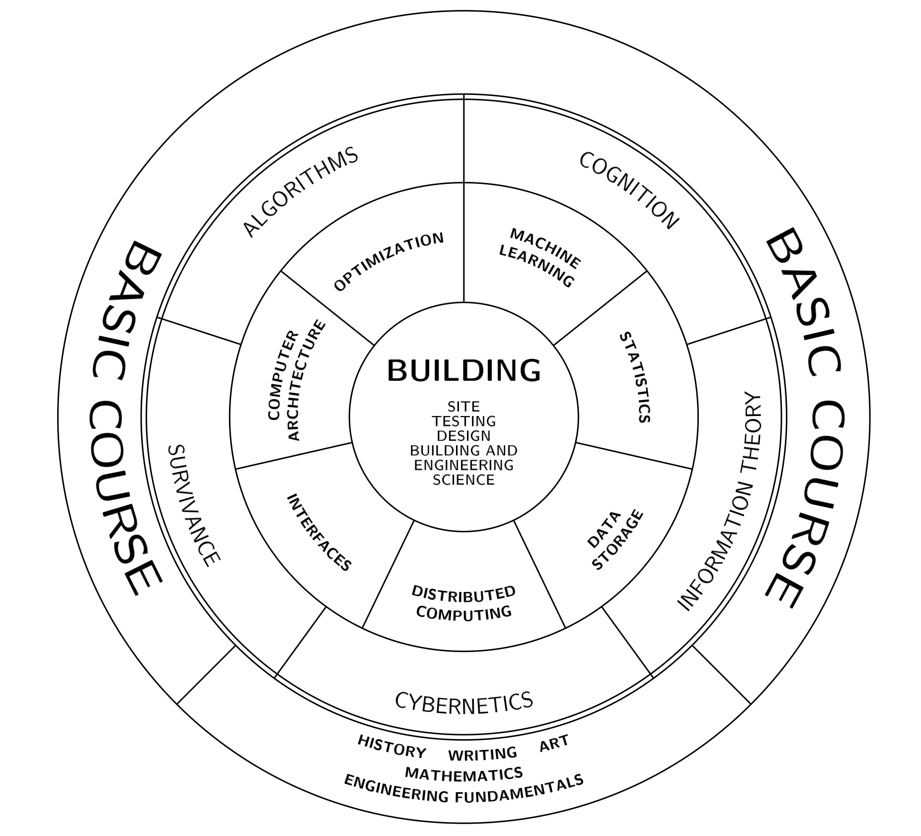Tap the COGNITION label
[x=628, y=190]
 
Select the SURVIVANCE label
[x=193, y=505]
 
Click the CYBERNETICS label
[x=463, y=701]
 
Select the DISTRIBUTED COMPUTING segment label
[x=464, y=602]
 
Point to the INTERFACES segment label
[x=319, y=532]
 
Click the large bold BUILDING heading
[x=463, y=371]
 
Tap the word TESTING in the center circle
[x=463, y=421]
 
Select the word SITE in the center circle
[x=463, y=407]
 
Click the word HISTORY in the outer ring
[x=392, y=747]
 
